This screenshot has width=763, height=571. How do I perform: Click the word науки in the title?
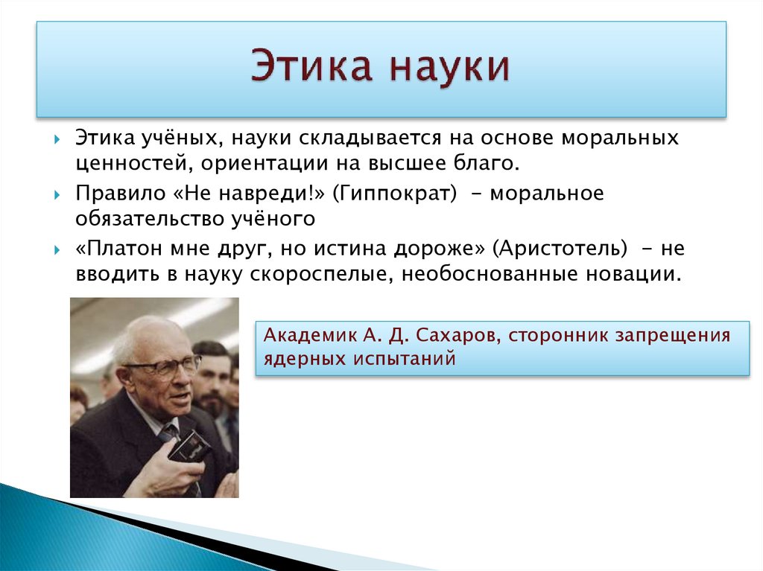pyautogui.click(x=447, y=67)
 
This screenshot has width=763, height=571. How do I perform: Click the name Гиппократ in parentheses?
pyautogui.click(x=395, y=194)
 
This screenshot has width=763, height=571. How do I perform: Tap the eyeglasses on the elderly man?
pyautogui.click(x=165, y=368)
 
